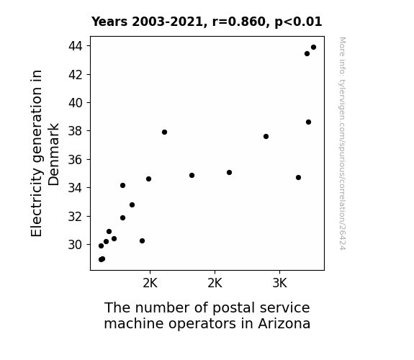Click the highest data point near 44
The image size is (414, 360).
pyautogui.click(x=313, y=48)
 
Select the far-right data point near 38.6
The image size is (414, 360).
pyautogui.click(x=308, y=122)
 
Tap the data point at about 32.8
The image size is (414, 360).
pyautogui.click(x=132, y=204)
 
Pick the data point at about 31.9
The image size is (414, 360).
pyautogui.click(x=122, y=217)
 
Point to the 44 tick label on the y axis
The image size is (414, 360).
pyautogui.click(x=76, y=46)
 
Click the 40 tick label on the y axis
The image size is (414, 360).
pyautogui.click(x=76, y=103)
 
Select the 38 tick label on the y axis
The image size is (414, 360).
pyautogui.click(x=76, y=131)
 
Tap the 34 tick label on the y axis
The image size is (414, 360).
pyautogui.click(x=76, y=188)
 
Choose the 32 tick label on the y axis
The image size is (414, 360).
pyautogui.click(x=76, y=216)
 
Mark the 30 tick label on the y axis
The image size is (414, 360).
pyautogui.click(x=76, y=245)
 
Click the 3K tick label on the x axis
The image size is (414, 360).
pyautogui.click(x=279, y=284)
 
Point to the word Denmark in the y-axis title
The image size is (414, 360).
pyautogui.click(x=53, y=155)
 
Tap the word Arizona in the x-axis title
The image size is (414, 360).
pyautogui.click(x=284, y=323)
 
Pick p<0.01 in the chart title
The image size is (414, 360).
pyautogui.click(x=298, y=22)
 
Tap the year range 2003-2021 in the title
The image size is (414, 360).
pyautogui.click(x=168, y=22)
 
